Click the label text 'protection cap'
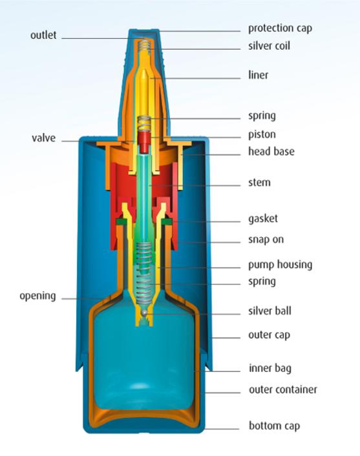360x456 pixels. pyautogui.click(x=280, y=28)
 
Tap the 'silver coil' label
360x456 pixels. pyautogui.click(x=270, y=46)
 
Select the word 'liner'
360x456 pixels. pyautogui.click(x=258, y=75)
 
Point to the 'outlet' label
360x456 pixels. pyautogui.click(x=43, y=35)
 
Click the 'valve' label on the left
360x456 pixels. pyautogui.click(x=44, y=138)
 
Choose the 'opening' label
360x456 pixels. pyautogui.click(x=37, y=296)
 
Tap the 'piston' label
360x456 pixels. pyautogui.click(x=262, y=134)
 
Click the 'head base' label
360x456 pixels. pyautogui.click(x=271, y=151)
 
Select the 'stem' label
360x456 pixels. pyautogui.click(x=259, y=183)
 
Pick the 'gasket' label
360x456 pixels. pyautogui.click(x=263, y=219)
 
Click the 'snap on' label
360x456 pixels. pyautogui.click(x=266, y=240)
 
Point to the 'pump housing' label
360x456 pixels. pyautogui.click(x=281, y=265)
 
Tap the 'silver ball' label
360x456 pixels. pyautogui.click(x=270, y=311)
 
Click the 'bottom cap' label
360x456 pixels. pyautogui.click(x=275, y=426)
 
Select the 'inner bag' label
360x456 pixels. pyautogui.click(x=270, y=368)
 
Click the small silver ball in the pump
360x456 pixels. pyautogui.click(x=144, y=313)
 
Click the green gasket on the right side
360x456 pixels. pyautogui.click(x=167, y=222)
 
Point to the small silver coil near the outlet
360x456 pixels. pyautogui.click(x=144, y=45)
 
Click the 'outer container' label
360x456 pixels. pyautogui.click(x=283, y=389)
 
